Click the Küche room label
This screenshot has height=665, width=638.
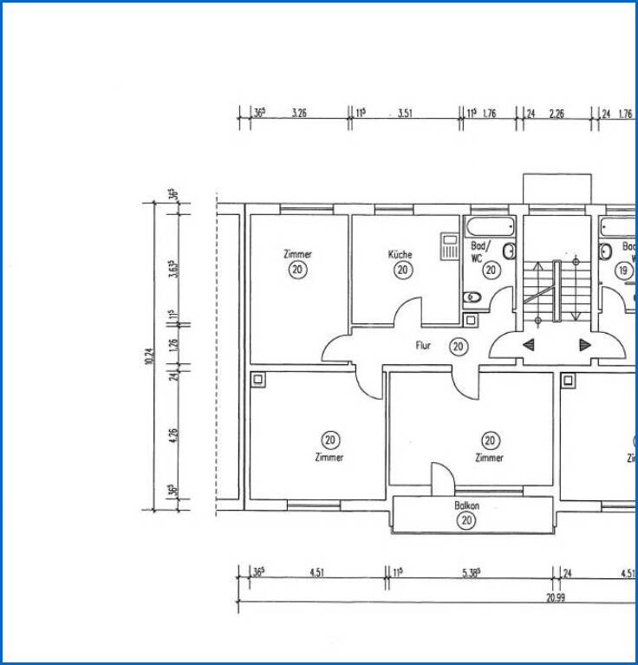(400, 255)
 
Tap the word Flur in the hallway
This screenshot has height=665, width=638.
(423, 346)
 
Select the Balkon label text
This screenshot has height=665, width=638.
(466, 505)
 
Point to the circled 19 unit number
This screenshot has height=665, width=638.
(623, 271)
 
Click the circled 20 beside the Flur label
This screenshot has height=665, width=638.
(458, 347)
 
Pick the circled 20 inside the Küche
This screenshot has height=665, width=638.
(402, 271)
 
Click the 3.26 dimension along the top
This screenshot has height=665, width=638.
(300, 114)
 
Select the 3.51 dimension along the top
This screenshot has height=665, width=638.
(405, 114)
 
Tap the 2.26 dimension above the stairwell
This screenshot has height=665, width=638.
(557, 114)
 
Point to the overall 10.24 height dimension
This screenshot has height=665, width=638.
(150, 356)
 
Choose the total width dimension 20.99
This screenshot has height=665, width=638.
(556, 597)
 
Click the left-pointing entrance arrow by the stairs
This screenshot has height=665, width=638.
(528, 344)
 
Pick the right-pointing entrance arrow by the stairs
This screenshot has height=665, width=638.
(585, 344)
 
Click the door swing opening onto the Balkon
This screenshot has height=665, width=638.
(441, 477)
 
